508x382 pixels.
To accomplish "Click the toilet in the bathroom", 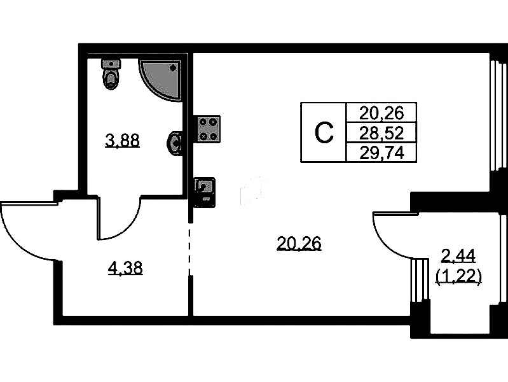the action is [x=111, y=74].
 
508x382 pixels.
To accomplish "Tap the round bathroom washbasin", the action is [x=175, y=143].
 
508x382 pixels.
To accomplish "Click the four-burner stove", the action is [x=207, y=129].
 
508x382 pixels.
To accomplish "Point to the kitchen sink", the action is [x=205, y=192].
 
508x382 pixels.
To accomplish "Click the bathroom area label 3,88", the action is [x=123, y=141].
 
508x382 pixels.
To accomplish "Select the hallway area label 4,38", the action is [x=125, y=269].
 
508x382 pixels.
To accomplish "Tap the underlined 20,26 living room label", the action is [x=299, y=244].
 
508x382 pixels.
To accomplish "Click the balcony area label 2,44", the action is [x=458, y=257].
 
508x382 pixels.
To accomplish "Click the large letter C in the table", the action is [x=324, y=132].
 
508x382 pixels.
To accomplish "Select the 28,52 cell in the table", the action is [x=381, y=132].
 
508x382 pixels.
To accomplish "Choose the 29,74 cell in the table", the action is [x=381, y=152].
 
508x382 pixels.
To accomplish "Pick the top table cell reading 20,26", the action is [x=381, y=113].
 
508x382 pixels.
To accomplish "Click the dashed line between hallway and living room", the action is [x=190, y=248].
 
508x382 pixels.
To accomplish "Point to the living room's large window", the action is [x=497, y=115].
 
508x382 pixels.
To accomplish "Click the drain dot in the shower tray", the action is [x=174, y=68].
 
